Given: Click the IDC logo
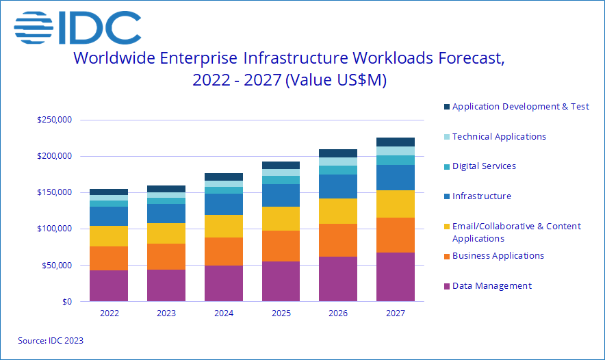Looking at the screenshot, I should (x=77, y=27).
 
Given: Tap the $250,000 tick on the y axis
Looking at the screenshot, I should (x=55, y=120).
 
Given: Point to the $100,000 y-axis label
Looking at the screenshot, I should (x=55, y=229).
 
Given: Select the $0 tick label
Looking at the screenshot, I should (x=66, y=301).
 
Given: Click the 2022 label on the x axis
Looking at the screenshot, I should (x=109, y=313).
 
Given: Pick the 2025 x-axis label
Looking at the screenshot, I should (x=281, y=313).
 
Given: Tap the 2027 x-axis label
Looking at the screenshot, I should (x=396, y=313).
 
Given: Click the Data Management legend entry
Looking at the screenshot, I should (x=491, y=285).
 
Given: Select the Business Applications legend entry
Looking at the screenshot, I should (x=498, y=256).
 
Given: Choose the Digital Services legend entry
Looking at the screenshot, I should (x=484, y=166).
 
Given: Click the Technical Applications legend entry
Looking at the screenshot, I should (x=499, y=136).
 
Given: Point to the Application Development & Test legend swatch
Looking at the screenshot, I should (x=447, y=107).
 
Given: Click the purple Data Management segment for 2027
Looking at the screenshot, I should (x=396, y=277).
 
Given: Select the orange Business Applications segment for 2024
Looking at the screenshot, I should (x=223, y=251).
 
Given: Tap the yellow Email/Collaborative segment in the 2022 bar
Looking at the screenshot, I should (x=109, y=236).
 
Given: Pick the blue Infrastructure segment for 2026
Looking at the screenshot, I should (x=338, y=186).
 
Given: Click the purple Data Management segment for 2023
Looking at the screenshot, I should (x=166, y=285).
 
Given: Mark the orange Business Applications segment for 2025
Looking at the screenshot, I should (x=281, y=246).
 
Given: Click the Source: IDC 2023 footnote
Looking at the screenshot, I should (x=51, y=340).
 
